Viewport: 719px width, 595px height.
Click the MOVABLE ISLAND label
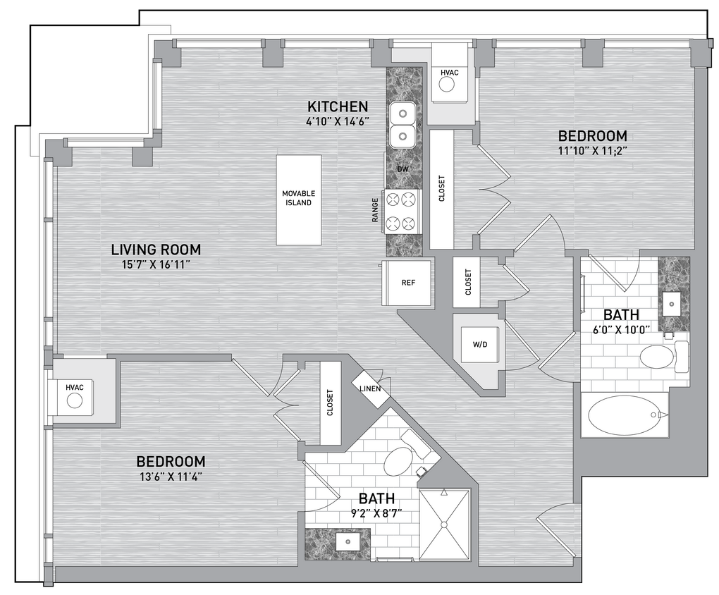point(298,198)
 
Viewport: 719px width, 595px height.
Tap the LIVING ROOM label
point(156,250)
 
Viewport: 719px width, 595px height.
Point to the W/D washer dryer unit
point(480,345)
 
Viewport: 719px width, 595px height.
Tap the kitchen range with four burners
point(402,211)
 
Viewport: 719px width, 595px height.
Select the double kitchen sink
point(403,123)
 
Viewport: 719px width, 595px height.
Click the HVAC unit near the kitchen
point(449,79)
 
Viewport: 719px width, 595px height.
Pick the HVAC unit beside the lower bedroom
point(75,395)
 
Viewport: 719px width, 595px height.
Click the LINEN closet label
point(371,388)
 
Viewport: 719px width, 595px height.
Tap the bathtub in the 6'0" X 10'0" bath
point(624,415)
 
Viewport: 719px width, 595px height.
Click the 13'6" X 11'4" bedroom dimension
point(171,476)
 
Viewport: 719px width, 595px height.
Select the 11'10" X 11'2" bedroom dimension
point(592,149)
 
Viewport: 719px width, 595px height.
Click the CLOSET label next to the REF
point(468,283)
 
